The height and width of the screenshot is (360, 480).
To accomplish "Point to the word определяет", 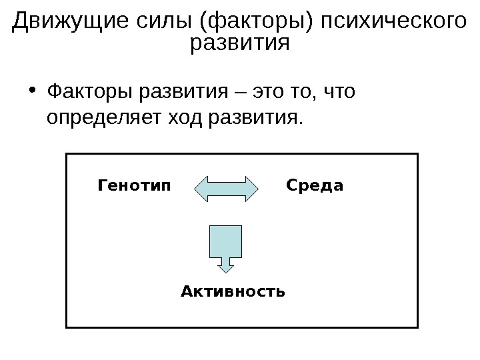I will click(x=103, y=119).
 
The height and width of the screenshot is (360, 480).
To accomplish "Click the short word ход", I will click(x=185, y=119).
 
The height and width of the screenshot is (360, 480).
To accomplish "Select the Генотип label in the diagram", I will click(x=134, y=185).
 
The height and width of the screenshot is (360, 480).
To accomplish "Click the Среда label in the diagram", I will click(x=315, y=185).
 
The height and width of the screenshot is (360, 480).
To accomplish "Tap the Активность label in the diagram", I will click(x=233, y=291).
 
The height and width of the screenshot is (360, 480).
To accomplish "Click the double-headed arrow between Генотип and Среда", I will click(x=227, y=189).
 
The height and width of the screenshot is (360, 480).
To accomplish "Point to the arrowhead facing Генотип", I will click(x=202, y=189).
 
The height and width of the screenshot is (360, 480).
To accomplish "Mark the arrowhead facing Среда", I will click(x=251, y=189).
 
